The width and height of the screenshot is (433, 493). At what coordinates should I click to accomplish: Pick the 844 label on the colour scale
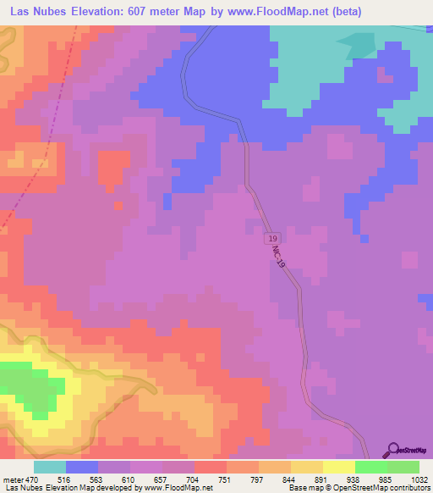tap(290, 479)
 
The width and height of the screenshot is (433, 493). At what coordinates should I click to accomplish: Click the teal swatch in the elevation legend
tap(50, 467)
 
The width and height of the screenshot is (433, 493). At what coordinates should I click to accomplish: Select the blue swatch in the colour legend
tap(82, 467)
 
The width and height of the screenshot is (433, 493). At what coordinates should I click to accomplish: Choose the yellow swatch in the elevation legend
tap(338, 467)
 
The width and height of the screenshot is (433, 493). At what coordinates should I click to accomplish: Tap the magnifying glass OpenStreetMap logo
tap(392, 450)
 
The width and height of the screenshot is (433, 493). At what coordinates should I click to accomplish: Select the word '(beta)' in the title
tap(347, 11)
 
